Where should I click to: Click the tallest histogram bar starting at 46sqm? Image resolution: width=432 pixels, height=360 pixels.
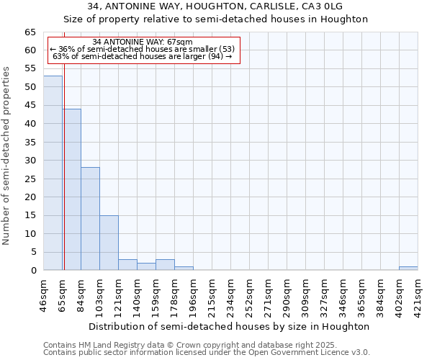point(53,173)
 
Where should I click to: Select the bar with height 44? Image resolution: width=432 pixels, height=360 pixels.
point(71,189)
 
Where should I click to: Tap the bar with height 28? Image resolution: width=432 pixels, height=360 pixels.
point(90,219)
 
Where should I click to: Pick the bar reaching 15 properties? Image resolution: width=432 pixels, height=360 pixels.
point(109,243)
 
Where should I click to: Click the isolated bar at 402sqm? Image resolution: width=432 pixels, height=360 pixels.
point(408,269)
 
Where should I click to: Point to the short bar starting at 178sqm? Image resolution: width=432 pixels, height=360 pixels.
point(184,269)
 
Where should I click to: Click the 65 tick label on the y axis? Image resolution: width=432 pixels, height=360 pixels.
point(30,32)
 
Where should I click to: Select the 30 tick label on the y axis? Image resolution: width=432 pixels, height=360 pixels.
point(30,161)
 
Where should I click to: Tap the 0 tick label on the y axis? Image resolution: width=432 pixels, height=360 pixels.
point(32,271)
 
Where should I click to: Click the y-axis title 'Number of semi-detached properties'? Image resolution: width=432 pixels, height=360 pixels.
point(7,156)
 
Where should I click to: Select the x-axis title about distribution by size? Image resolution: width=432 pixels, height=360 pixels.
point(230,326)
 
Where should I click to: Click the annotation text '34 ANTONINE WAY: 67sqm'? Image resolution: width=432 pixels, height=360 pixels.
point(143,42)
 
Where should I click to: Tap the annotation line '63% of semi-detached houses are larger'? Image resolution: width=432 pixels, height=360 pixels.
point(143,57)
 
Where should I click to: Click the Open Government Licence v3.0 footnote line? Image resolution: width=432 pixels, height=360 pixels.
point(207,353)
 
